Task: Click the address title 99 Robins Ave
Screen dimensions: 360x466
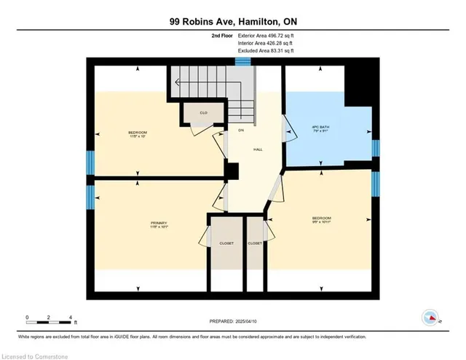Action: pos(232,22)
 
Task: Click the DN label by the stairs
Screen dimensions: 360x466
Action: pos(240,130)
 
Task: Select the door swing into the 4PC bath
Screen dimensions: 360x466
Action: pos(287,130)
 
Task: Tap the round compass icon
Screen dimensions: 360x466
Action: pos(430,317)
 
